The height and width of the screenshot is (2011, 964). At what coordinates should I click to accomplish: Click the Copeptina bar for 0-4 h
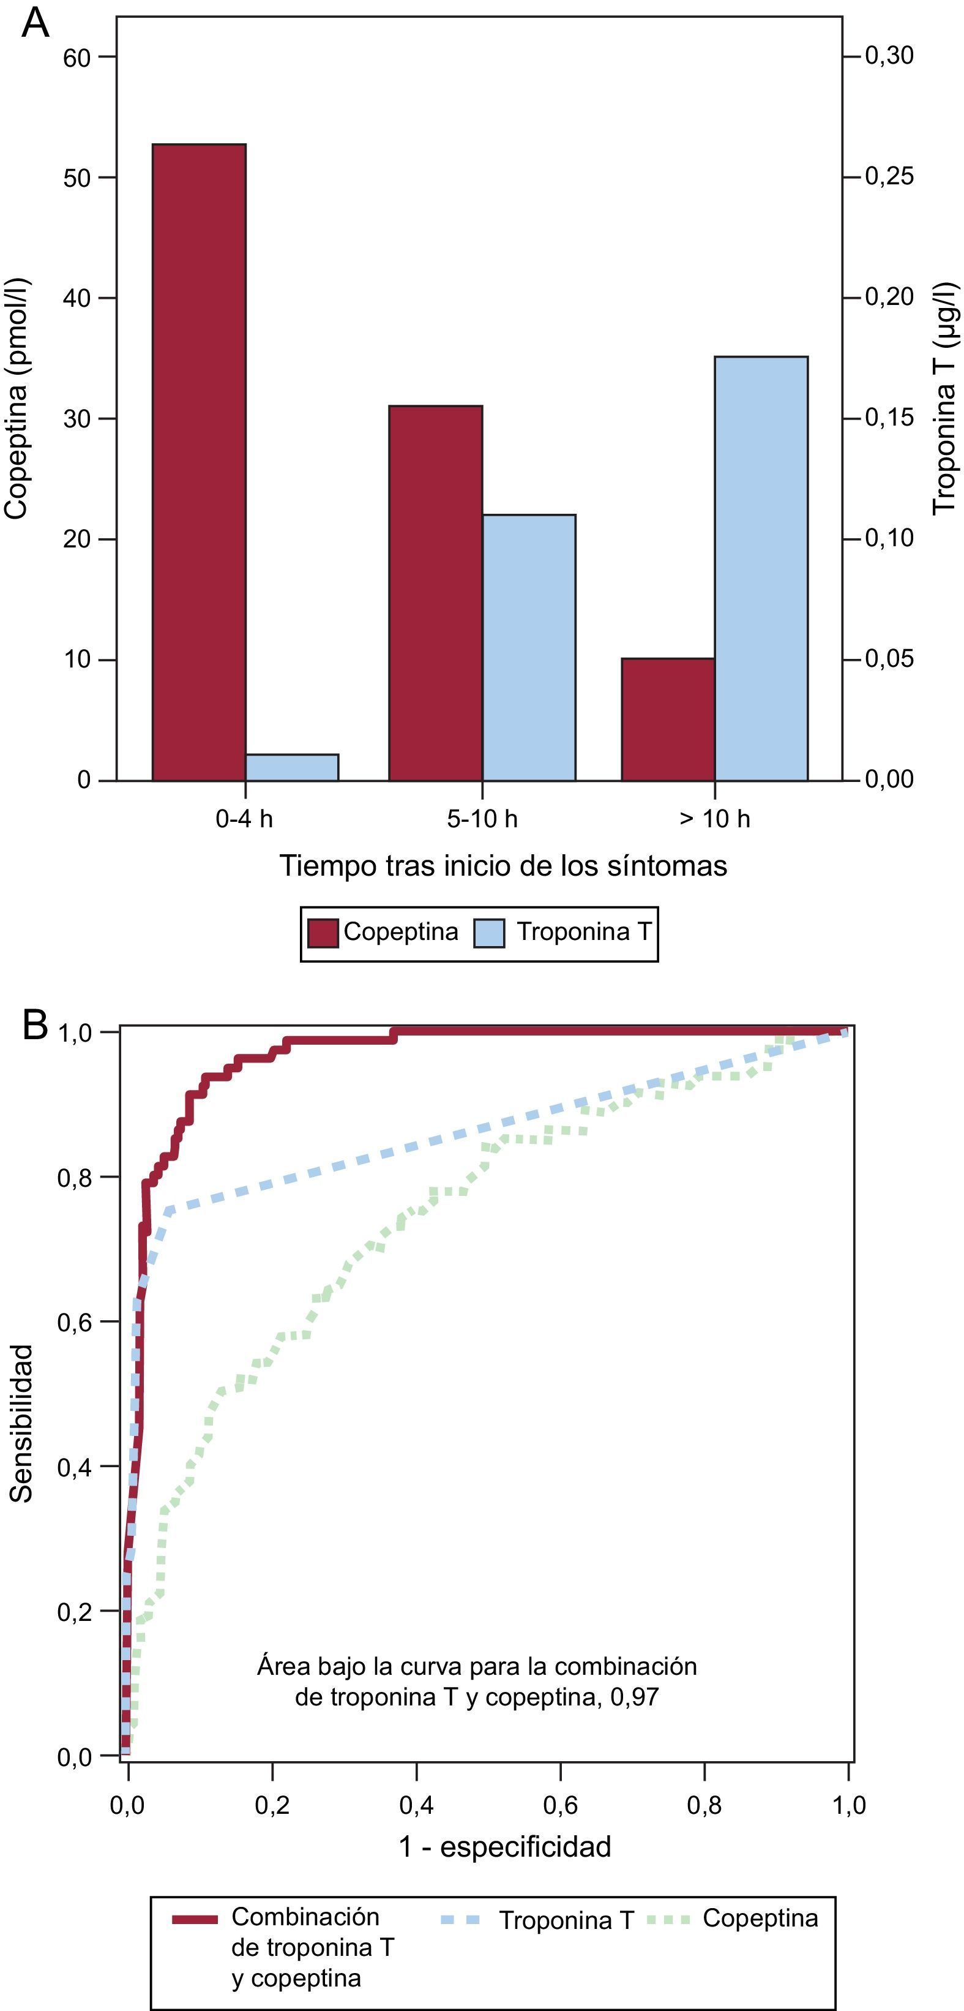199,462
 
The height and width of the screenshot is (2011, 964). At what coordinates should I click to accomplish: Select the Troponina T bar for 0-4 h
292,767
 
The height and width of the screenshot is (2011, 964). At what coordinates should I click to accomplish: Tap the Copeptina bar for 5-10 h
436,593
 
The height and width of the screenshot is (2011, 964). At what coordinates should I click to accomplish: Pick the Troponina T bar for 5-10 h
529,647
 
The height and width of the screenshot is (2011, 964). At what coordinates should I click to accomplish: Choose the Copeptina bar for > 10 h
668,719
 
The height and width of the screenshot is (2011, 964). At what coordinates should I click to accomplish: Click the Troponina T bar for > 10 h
761,568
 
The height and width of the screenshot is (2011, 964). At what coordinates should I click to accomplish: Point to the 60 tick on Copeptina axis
77,57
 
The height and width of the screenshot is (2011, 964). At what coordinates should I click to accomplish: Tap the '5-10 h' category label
482,819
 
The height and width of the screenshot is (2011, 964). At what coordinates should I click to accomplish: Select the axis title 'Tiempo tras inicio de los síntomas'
504,866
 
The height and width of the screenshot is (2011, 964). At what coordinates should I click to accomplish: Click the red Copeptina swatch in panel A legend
323,933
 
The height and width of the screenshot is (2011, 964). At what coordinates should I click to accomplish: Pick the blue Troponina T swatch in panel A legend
490,933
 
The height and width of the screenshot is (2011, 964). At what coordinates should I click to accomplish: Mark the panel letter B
35,1025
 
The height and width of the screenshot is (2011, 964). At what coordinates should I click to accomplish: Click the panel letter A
35,23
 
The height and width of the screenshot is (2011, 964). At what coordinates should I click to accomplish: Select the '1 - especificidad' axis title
505,1847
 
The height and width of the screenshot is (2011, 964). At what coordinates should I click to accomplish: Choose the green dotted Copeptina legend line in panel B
669,1920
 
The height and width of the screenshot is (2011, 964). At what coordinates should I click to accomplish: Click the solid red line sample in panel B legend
195,1920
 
